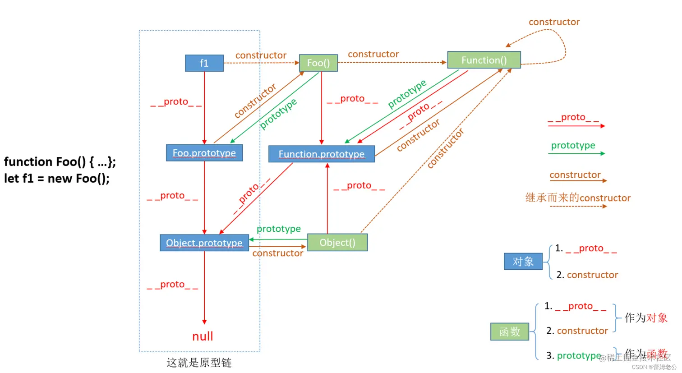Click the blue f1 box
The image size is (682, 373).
coord(204,63)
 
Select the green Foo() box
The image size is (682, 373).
coord(318,63)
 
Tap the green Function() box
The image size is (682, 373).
coord(484,60)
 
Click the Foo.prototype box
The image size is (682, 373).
coord(204,153)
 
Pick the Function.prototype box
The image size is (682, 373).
coord(321,154)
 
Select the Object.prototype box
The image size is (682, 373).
coord(204,243)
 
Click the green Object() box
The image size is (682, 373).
coord(337,243)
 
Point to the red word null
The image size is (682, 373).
coord(203,336)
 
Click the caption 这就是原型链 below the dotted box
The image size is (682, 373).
coord(199,363)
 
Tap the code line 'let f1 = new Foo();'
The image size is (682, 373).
coord(57,179)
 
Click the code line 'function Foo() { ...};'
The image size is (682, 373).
coord(60,161)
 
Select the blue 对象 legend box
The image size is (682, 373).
coord(523,262)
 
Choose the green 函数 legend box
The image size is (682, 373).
coord(510,332)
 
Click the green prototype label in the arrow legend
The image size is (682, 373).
coord(573,145)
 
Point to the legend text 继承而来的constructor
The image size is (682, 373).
coord(578,198)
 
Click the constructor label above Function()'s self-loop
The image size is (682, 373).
coord(554,22)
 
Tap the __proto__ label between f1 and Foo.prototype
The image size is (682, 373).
coord(176,102)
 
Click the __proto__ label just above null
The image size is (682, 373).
coord(172,285)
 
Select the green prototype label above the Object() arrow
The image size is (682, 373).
coord(278,229)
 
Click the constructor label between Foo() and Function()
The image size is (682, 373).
coord(373,54)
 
